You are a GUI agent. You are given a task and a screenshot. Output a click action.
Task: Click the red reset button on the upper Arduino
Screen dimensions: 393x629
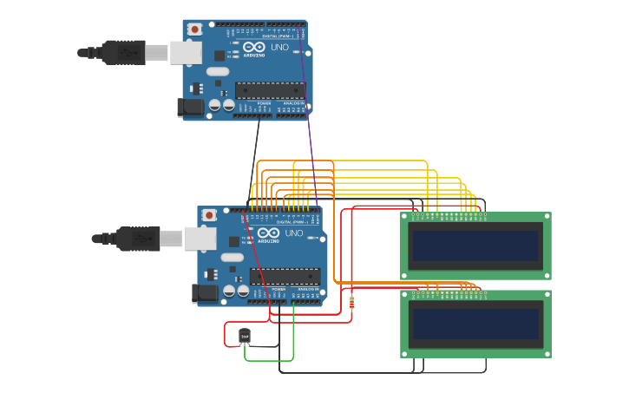[x=194, y=29]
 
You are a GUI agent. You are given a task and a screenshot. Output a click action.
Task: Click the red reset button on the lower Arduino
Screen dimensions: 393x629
[x=209, y=215]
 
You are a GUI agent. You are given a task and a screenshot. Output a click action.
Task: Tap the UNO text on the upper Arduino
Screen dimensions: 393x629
[x=280, y=47]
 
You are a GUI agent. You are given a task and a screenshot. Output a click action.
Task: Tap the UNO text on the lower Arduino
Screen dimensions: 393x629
[x=295, y=233]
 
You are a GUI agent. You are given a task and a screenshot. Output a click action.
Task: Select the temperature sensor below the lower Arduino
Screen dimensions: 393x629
[x=245, y=336]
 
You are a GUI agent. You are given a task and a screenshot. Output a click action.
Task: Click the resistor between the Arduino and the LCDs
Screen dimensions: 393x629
[x=351, y=302]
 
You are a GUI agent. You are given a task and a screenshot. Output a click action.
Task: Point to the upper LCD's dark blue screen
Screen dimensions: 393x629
[x=475, y=246]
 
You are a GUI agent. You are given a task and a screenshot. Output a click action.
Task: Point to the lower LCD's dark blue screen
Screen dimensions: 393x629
[x=475, y=324]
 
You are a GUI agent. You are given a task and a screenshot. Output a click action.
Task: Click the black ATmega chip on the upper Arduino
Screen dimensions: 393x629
[x=270, y=90]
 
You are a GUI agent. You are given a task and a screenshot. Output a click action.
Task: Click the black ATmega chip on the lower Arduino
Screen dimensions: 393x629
[x=285, y=277]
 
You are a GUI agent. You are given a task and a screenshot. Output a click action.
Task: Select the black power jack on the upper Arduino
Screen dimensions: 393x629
[x=190, y=108]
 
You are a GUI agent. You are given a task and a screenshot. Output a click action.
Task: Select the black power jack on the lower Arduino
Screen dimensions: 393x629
[x=205, y=294]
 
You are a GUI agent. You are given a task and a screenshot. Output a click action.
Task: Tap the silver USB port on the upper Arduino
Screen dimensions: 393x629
[x=185, y=53]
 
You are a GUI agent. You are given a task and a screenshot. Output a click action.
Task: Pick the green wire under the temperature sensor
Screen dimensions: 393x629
[x=269, y=359]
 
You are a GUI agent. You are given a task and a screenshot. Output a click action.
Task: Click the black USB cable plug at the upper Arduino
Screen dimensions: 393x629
[x=121, y=53]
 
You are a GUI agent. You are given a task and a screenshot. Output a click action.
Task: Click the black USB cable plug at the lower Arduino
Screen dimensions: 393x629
[x=137, y=239]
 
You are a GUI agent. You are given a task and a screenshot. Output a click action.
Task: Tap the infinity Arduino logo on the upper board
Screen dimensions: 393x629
[x=254, y=47]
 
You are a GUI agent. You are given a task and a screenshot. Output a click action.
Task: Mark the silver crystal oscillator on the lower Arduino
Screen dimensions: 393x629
[x=232, y=257]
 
